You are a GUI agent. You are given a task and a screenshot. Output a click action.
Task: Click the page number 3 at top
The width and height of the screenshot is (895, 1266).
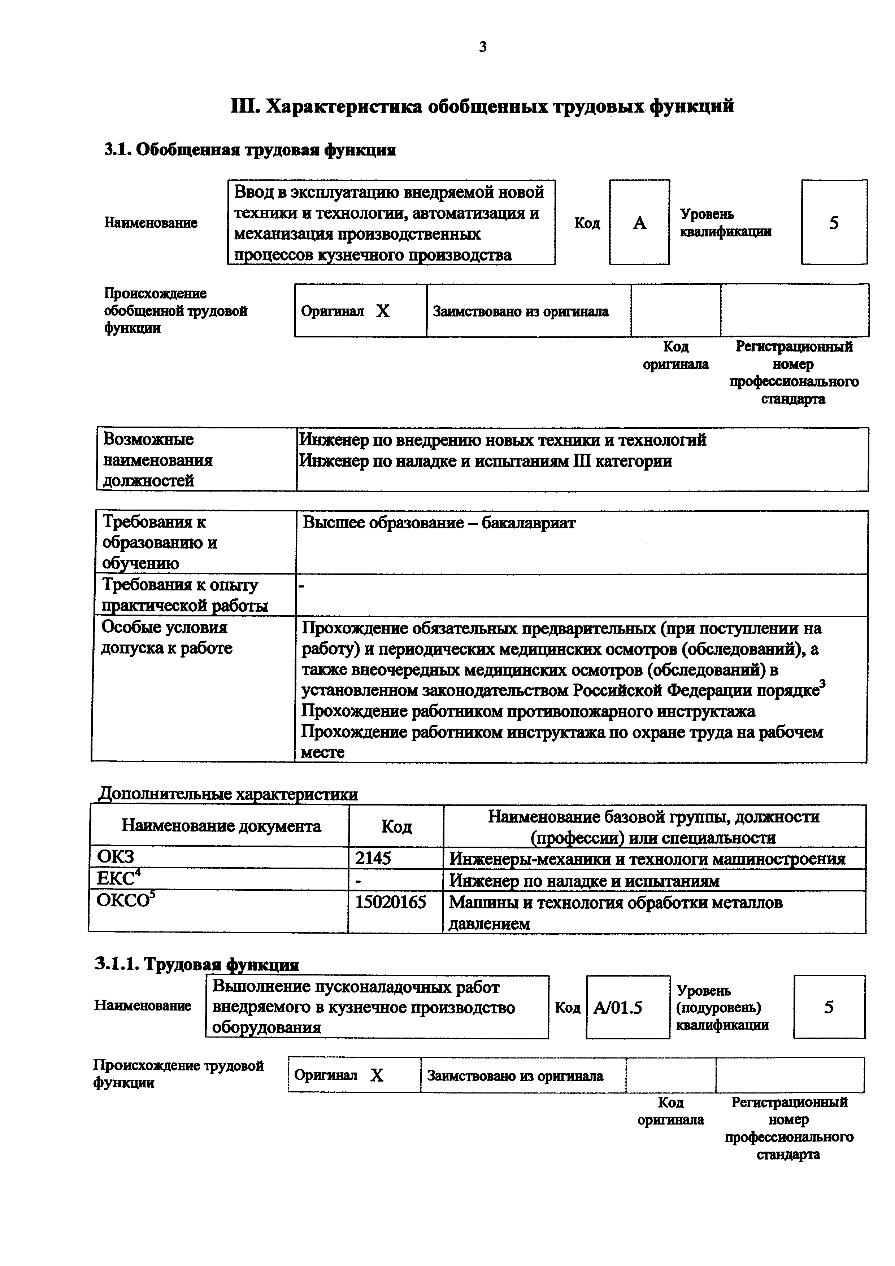click(x=482, y=47)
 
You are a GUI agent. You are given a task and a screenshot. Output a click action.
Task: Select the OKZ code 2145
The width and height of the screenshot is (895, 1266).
click(x=373, y=858)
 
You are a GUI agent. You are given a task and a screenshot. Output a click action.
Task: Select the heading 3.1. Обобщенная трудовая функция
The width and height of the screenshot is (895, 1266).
click(x=250, y=149)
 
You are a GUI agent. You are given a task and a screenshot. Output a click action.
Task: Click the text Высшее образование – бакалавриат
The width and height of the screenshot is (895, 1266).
click(x=439, y=522)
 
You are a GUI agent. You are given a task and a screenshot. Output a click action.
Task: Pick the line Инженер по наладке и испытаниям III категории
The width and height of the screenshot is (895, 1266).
click(x=485, y=460)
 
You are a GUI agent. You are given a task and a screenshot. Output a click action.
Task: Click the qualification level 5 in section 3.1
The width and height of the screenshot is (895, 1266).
click(x=834, y=223)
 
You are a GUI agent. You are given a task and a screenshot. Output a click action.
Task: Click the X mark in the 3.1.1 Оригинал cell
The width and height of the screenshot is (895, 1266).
click(x=377, y=1075)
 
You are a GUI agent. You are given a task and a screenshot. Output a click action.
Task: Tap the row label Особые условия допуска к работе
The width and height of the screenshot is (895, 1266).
click(x=166, y=637)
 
